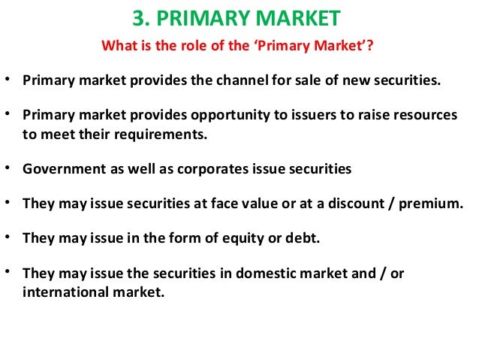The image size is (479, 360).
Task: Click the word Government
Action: coord(57,170)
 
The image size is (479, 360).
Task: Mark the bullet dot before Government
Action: coord(8,169)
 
